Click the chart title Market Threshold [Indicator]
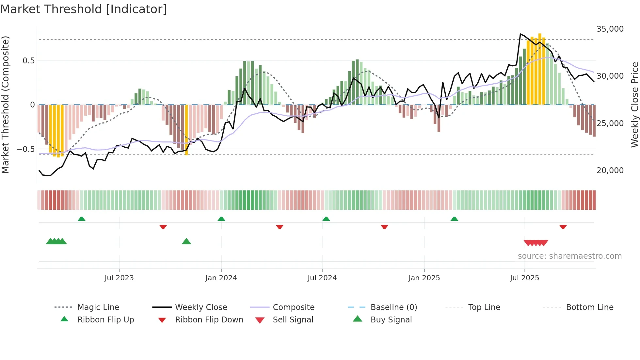click(x=84, y=9)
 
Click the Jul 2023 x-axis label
click(x=119, y=278)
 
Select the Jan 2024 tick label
click(x=221, y=278)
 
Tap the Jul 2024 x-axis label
click(x=322, y=278)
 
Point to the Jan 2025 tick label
click(x=424, y=278)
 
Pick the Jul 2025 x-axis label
click(x=524, y=278)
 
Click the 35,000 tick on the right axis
click(x=610, y=29)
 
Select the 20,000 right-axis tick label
click(x=610, y=170)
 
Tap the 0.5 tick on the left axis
click(x=29, y=61)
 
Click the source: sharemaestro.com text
click(x=569, y=256)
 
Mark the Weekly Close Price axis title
click(x=634, y=105)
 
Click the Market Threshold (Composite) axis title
click(x=5, y=105)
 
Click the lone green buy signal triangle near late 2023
click(x=186, y=241)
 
